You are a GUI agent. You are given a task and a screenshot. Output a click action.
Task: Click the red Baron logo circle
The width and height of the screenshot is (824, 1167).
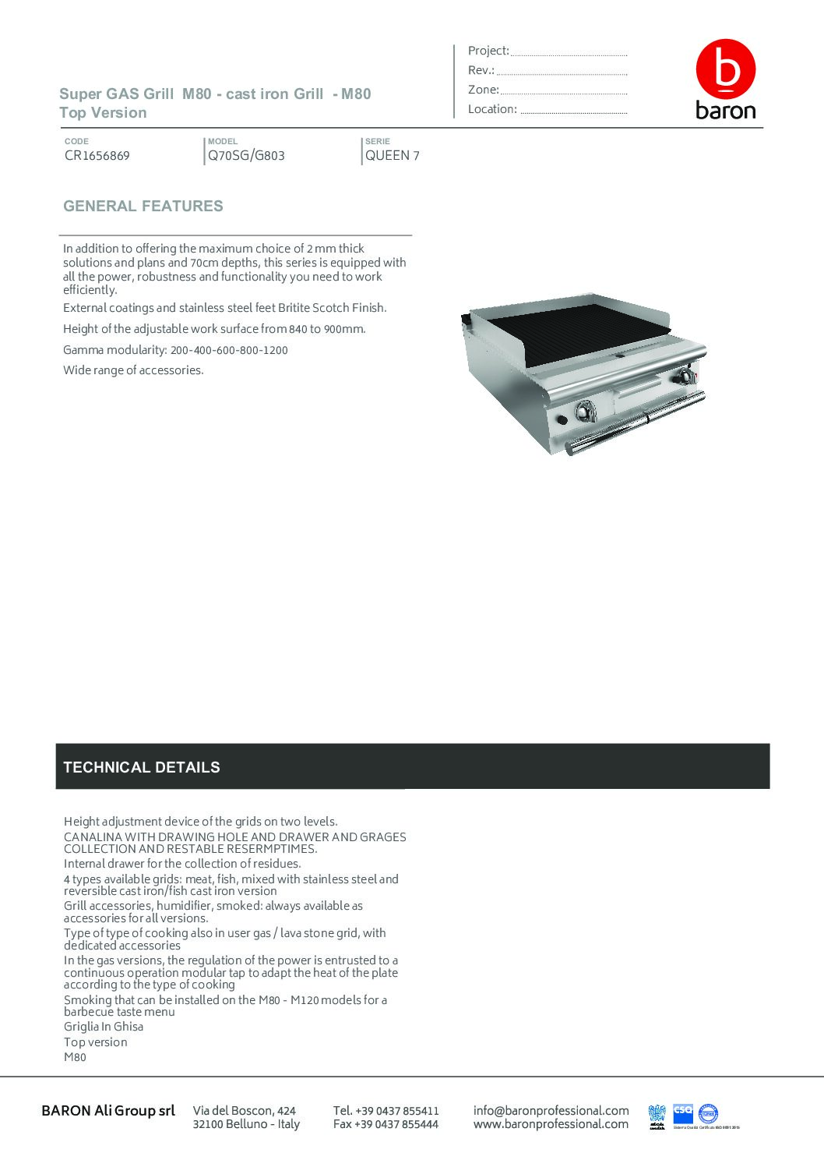coord(725,69)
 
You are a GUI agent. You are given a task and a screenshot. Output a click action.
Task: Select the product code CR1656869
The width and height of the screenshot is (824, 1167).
coord(97,156)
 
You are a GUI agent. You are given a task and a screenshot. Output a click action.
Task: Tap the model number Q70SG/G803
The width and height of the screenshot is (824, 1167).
coord(246,156)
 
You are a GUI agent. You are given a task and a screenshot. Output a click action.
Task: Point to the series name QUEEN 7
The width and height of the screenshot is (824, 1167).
coord(393,156)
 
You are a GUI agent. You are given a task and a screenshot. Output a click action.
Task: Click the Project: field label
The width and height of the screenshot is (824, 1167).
coord(488,51)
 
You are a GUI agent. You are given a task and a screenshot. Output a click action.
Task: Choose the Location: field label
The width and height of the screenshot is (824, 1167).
coord(492,110)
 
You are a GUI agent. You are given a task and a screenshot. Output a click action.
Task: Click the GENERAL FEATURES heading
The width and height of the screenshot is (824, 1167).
coord(143,207)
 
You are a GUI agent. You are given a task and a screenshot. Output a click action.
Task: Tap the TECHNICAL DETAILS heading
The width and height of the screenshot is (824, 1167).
coord(142,768)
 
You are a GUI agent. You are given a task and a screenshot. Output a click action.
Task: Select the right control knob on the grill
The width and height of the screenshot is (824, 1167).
coord(685,377)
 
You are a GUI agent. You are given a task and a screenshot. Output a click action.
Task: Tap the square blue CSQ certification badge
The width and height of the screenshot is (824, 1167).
coord(683,1114)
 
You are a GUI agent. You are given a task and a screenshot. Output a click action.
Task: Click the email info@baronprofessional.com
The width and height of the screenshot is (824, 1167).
coord(551,1111)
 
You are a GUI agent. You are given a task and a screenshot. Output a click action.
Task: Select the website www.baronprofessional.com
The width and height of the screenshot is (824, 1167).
coord(551,1124)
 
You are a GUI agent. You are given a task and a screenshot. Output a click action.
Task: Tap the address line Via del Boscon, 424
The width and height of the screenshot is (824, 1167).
coord(245,1111)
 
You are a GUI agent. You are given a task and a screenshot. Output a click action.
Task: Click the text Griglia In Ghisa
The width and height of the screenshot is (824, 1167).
coord(104,1027)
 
